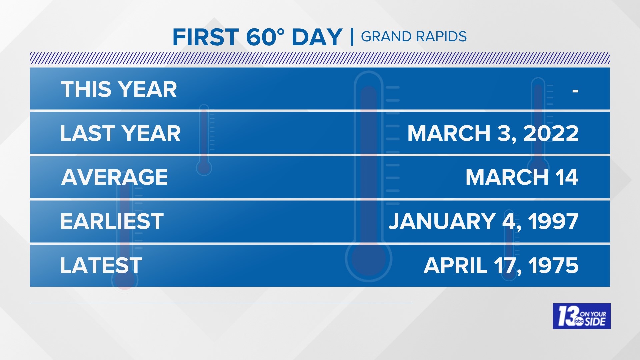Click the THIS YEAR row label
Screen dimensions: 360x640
point(119,89)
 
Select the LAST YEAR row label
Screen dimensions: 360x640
point(120,133)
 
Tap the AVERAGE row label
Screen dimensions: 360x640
point(114,177)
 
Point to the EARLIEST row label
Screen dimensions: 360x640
point(112,221)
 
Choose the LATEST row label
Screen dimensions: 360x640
point(101,265)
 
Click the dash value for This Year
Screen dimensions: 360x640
point(575,90)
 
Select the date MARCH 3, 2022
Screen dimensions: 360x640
point(493,133)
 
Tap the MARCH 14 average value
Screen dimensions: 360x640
point(522,177)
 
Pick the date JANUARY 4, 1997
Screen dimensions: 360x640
point(483,221)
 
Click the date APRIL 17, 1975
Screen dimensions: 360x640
point(501,265)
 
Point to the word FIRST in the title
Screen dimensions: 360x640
point(206,37)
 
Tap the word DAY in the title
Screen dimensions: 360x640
point(317,37)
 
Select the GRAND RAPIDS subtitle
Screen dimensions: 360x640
point(414,37)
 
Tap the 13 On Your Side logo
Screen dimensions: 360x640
point(581,316)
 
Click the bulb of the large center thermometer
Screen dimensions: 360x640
point(369,259)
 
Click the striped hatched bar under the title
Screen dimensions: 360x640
point(320,58)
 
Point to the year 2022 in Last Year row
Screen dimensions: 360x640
point(551,133)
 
